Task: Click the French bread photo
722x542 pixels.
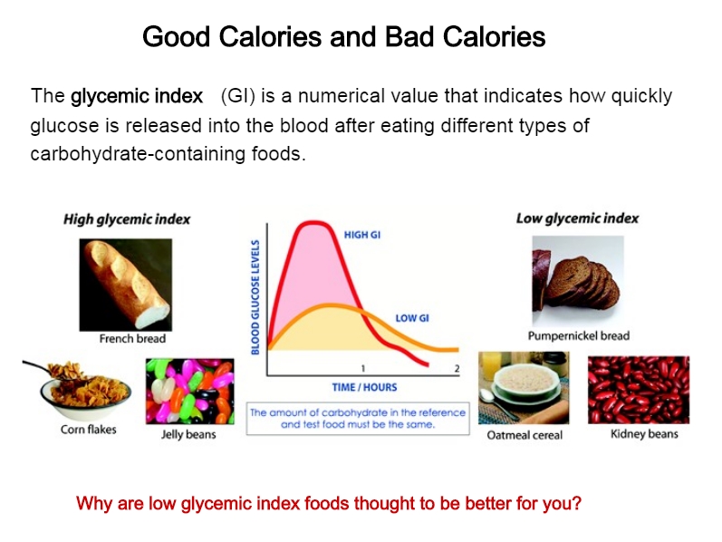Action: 126,285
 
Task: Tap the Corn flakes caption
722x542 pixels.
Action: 89,430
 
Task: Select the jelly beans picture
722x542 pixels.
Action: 189,392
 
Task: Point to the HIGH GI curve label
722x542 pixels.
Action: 362,235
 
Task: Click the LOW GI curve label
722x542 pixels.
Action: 412,318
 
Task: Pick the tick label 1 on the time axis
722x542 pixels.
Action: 363,368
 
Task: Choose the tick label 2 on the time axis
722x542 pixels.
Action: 457,368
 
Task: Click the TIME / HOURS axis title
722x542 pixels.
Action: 365,387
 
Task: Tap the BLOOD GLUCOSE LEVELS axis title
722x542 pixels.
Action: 255,297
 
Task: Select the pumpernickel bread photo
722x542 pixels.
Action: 578,281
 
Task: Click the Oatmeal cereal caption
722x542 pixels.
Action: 525,435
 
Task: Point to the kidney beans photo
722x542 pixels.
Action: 639,390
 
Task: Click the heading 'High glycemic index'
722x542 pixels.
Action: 127,219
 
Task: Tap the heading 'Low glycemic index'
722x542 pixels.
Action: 577,218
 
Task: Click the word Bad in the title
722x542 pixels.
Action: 409,37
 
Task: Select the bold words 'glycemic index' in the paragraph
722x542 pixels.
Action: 137,96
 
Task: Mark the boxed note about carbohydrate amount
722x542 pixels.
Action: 358,419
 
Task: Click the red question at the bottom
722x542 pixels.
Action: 329,503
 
